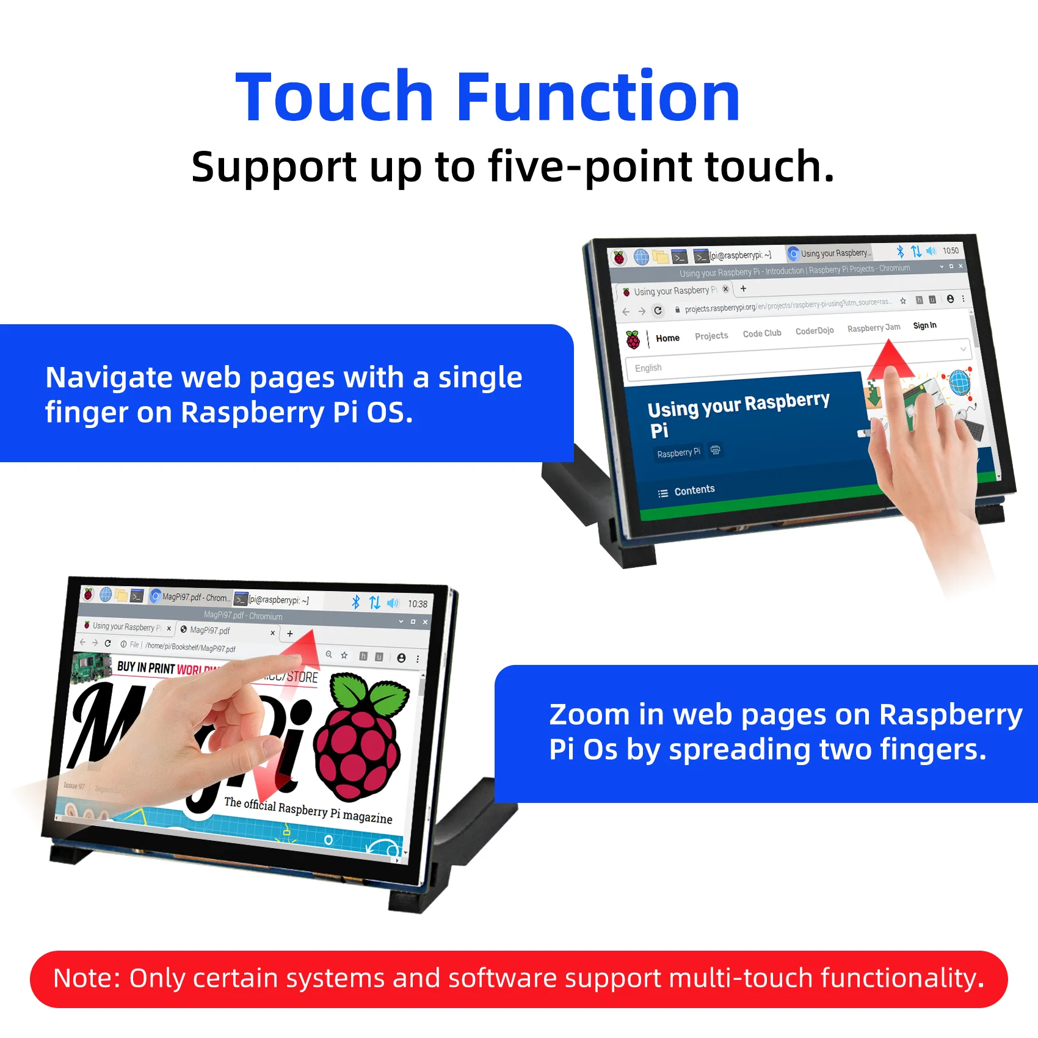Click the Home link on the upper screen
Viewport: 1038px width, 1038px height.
tap(667, 338)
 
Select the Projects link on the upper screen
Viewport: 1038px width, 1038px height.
tap(711, 336)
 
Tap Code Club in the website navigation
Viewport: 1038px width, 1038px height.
tap(762, 333)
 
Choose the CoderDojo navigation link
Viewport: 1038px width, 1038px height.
tap(815, 331)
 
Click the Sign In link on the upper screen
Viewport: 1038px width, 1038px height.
tap(924, 325)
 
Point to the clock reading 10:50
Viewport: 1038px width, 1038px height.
tap(951, 251)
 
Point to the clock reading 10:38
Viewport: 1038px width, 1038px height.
tap(418, 604)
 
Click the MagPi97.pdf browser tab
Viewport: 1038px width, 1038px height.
tap(210, 630)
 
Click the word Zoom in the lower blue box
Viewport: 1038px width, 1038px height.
tap(589, 715)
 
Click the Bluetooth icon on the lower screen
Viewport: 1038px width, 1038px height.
tap(355, 602)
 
